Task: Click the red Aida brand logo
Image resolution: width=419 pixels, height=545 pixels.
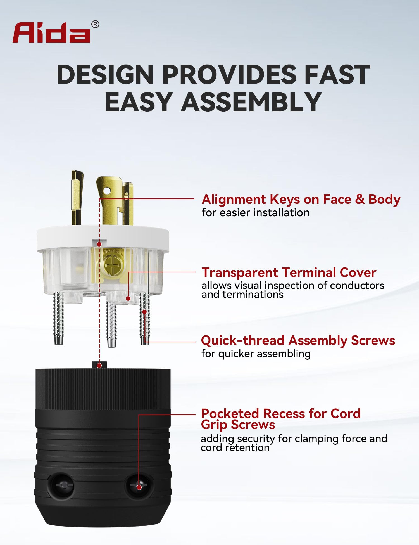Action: [x=51, y=32]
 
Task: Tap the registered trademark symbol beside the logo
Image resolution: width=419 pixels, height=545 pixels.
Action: [x=95, y=25]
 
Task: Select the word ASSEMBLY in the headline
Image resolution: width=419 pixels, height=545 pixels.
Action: [x=251, y=102]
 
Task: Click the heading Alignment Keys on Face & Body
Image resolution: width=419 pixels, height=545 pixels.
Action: [x=301, y=200]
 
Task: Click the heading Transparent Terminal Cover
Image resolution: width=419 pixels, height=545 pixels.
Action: [x=289, y=272]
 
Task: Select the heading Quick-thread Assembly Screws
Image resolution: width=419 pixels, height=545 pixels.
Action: [x=298, y=341]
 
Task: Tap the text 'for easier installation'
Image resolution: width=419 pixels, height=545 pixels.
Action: [x=256, y=213]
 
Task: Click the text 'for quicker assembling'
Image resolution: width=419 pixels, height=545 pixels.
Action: [x=256, y=354]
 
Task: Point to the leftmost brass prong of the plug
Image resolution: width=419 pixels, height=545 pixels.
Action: [x=77, y=197]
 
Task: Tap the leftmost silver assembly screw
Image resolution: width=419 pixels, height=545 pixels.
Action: [x=58, y=318]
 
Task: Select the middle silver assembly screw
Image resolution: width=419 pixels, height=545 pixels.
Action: [x=111, y=324]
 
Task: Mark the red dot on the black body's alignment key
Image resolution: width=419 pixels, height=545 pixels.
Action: [x=99, y=365]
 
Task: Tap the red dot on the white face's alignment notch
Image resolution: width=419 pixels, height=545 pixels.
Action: [x=99, y=244]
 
